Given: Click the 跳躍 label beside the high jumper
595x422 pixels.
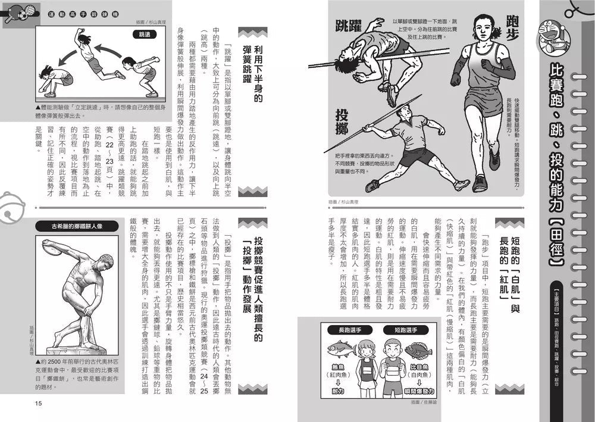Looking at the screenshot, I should [349, 26].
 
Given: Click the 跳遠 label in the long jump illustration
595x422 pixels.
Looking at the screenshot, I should [141, 35].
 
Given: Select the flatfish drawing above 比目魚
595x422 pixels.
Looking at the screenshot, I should [418, 349].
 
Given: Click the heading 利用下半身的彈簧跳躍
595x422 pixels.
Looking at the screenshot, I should [252, 66].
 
